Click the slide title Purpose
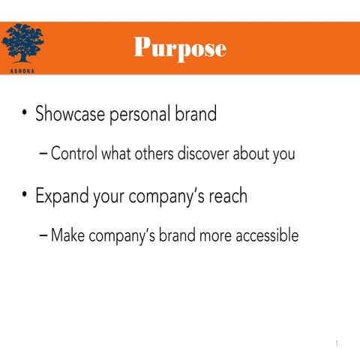pyautogui.click(x=179, y=48)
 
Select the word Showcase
pyautogui.click(x=70, y=115)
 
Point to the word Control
pyautogui.click(x=77, y=155)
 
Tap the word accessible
pyautogui.click(x=265, y=235)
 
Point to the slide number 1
pyautogui.click(x=337, y=344)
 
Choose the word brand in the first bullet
pyautogui.click(x=196, y=115)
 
